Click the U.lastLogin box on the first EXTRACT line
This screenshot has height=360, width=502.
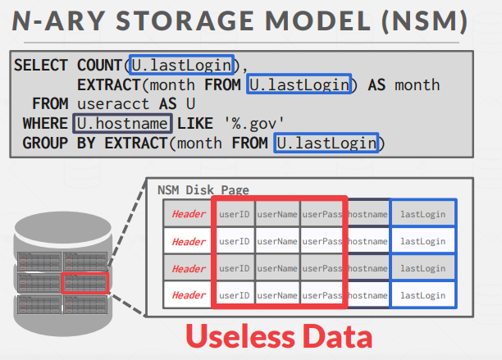pyautogui.click(x=301, y=84)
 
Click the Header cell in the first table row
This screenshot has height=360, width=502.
pyautogui.click(x=189, y=214)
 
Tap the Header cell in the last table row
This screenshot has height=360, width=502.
pyautogui.click(x=189, y=294)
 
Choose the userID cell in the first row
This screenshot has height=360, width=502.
pyautogui.click(x=234, y=214)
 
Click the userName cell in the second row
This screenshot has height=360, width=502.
pyautogui.click(x=277, y=241)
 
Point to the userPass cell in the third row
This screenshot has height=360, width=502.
pyautogui.click(x=322, y=268)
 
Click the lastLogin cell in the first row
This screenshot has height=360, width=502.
pyautogui.click(x=423, y=214)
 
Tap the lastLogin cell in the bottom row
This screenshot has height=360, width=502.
pyautogui.click(x=423, y=294)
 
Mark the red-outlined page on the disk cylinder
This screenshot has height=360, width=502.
pyautogui.click(x=84, y=282)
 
